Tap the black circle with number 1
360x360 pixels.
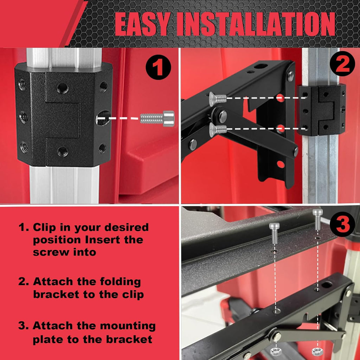click(159, 68)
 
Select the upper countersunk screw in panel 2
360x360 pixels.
click(217, 99)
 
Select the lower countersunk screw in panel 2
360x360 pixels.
click(217, 129)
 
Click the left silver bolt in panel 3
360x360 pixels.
click(274, 232)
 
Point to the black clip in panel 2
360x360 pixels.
click(322, 110)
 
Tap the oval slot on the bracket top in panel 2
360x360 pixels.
click(261, 66)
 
